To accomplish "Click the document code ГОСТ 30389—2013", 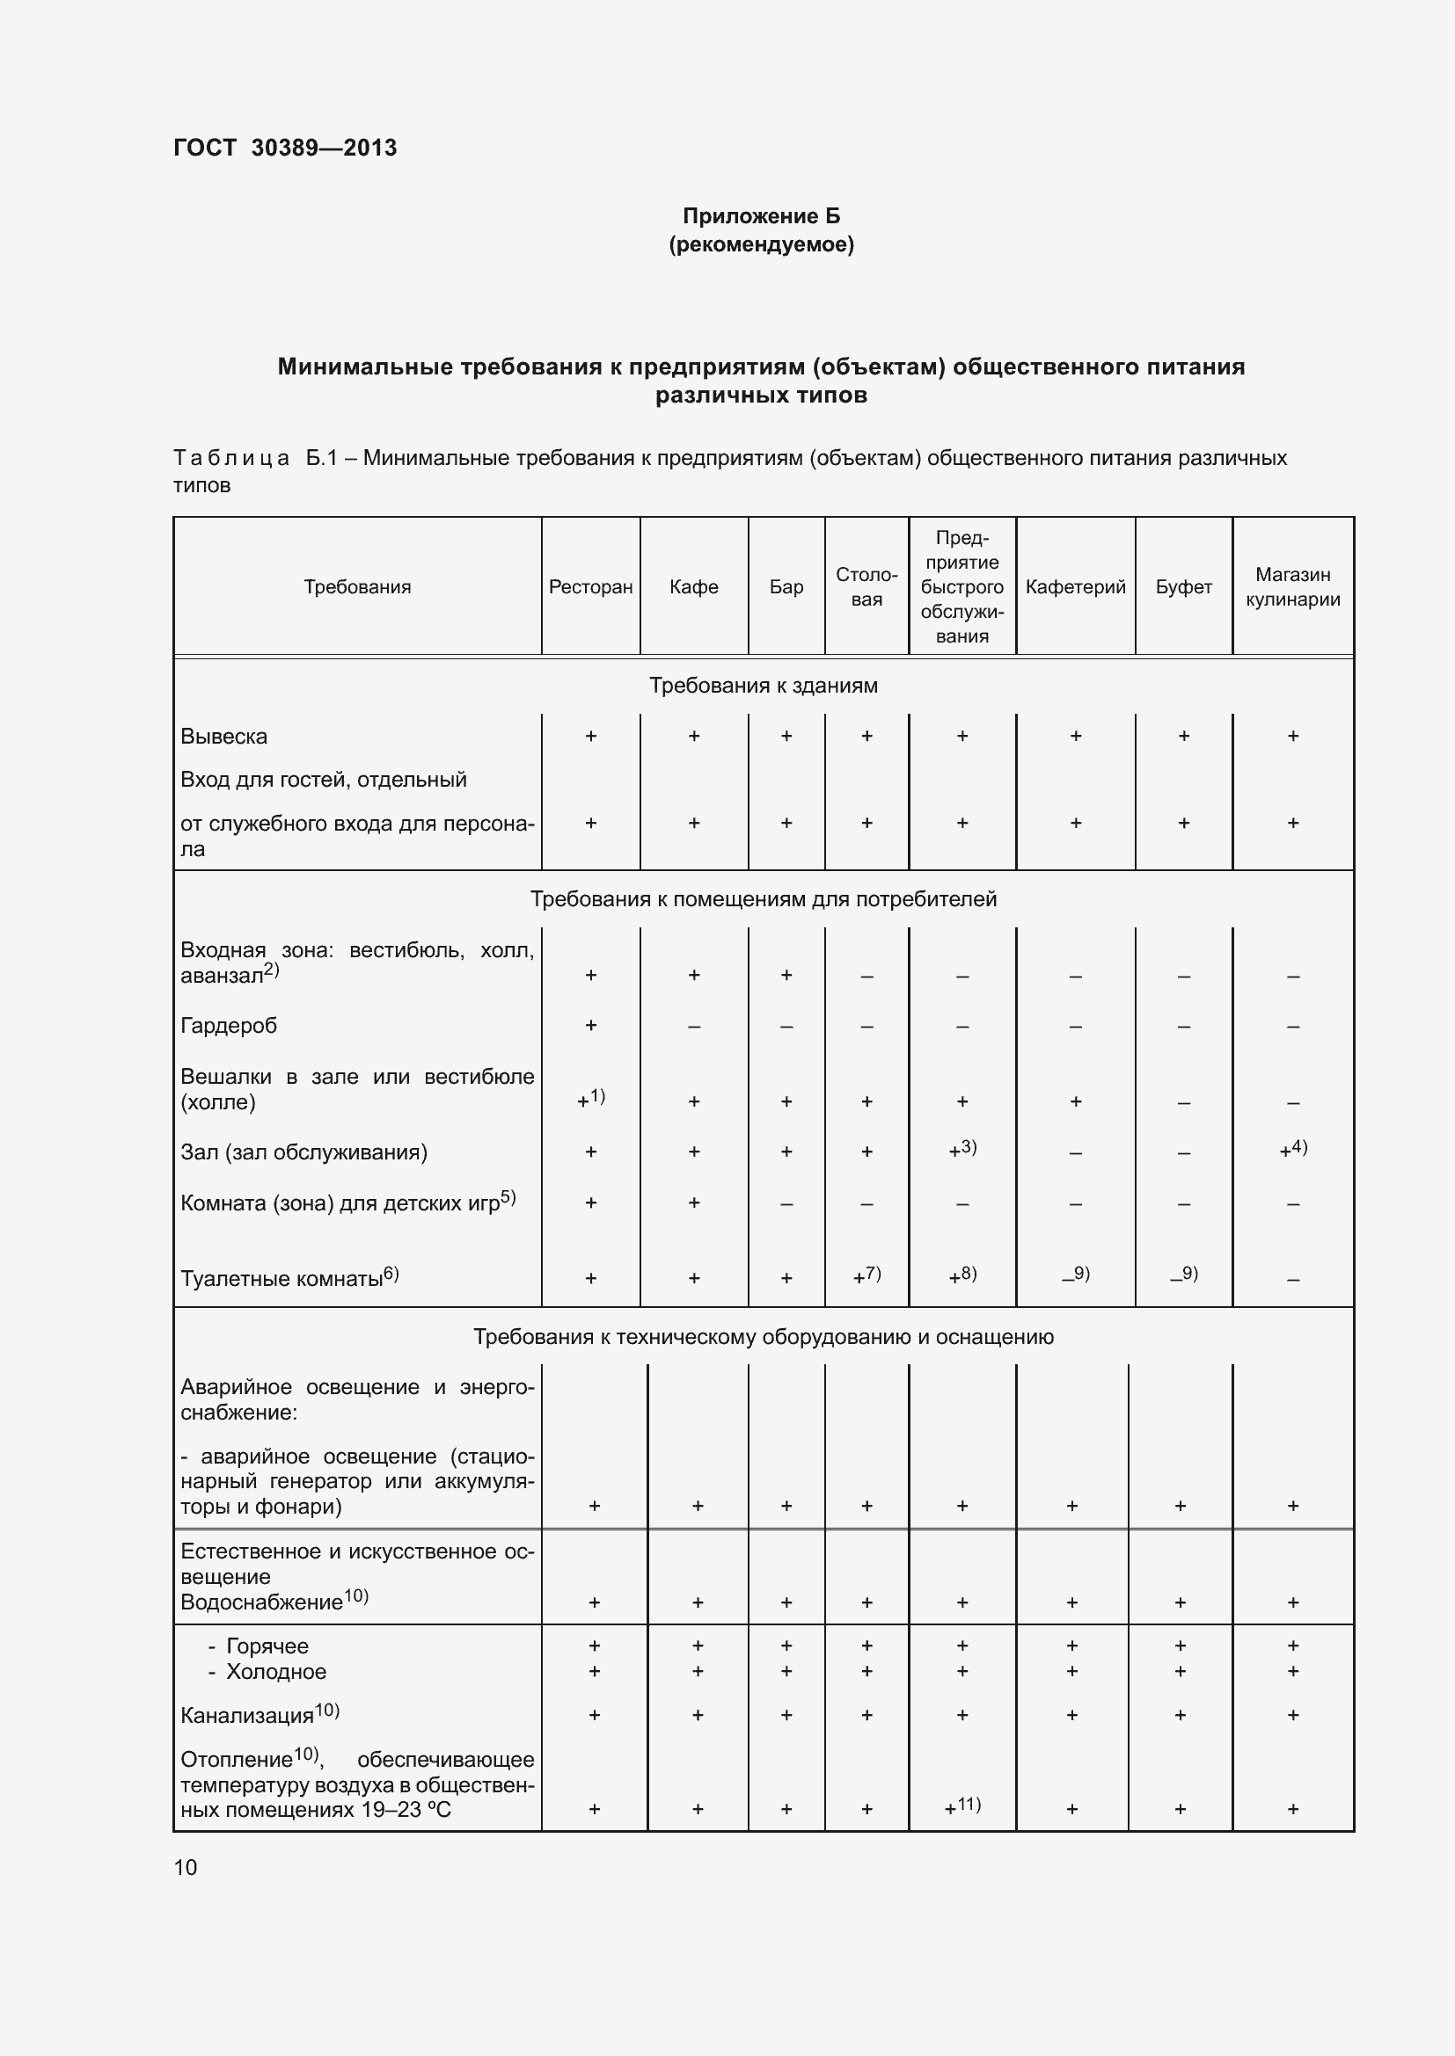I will click(285, 148).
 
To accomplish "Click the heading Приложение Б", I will click(761, 216).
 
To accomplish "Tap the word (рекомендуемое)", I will click(761, 244).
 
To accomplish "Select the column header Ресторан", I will click(590, 586).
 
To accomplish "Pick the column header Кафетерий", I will click(1075, 586).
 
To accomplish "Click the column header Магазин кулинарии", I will click(1292, 586).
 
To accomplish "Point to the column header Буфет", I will click(1182, 586).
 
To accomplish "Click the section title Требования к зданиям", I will click(763, 685).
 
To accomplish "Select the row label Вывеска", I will click(224, 736).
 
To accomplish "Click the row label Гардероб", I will click(229, 1025).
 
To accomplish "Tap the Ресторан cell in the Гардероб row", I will click(590, 1025).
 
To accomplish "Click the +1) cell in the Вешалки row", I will click(590, 1099).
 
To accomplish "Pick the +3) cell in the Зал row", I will click(962, 1150).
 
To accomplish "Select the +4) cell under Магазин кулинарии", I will click(1292, 1150).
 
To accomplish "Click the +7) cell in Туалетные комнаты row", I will click(866, 1276).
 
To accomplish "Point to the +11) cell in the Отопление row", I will click(962, 1806).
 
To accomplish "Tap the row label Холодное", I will click(275, 1671).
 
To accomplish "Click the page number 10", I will click(186, 1867).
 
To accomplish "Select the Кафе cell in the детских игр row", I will click(693, 1202).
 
